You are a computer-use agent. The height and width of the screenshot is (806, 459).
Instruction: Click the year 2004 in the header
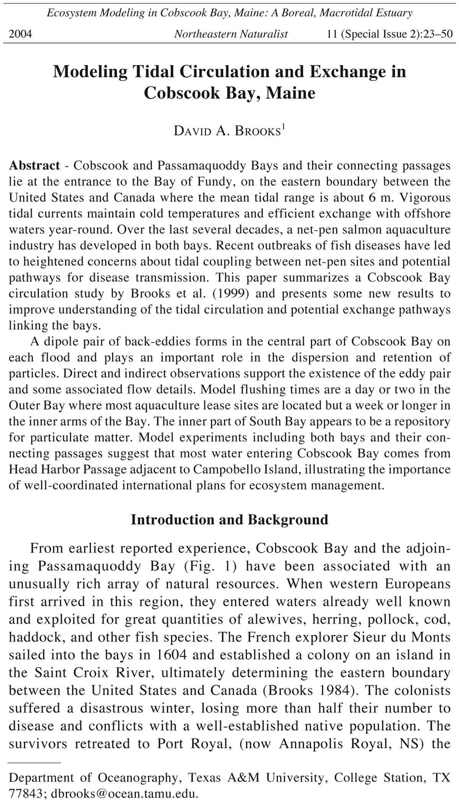pyautogui.click(x=20, y=34)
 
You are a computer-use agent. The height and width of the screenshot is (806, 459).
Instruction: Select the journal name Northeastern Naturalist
pyautogui.click(x=231, y=34)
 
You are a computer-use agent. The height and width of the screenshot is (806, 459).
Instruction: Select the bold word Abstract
pyautogui.click(x=34, y=165)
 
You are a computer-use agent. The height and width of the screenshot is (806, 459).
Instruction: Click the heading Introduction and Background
pyautogui.click(x=229, y=520)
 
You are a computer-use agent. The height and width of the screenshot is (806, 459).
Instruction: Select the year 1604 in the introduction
pyautogui.click(x=172, y=655)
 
